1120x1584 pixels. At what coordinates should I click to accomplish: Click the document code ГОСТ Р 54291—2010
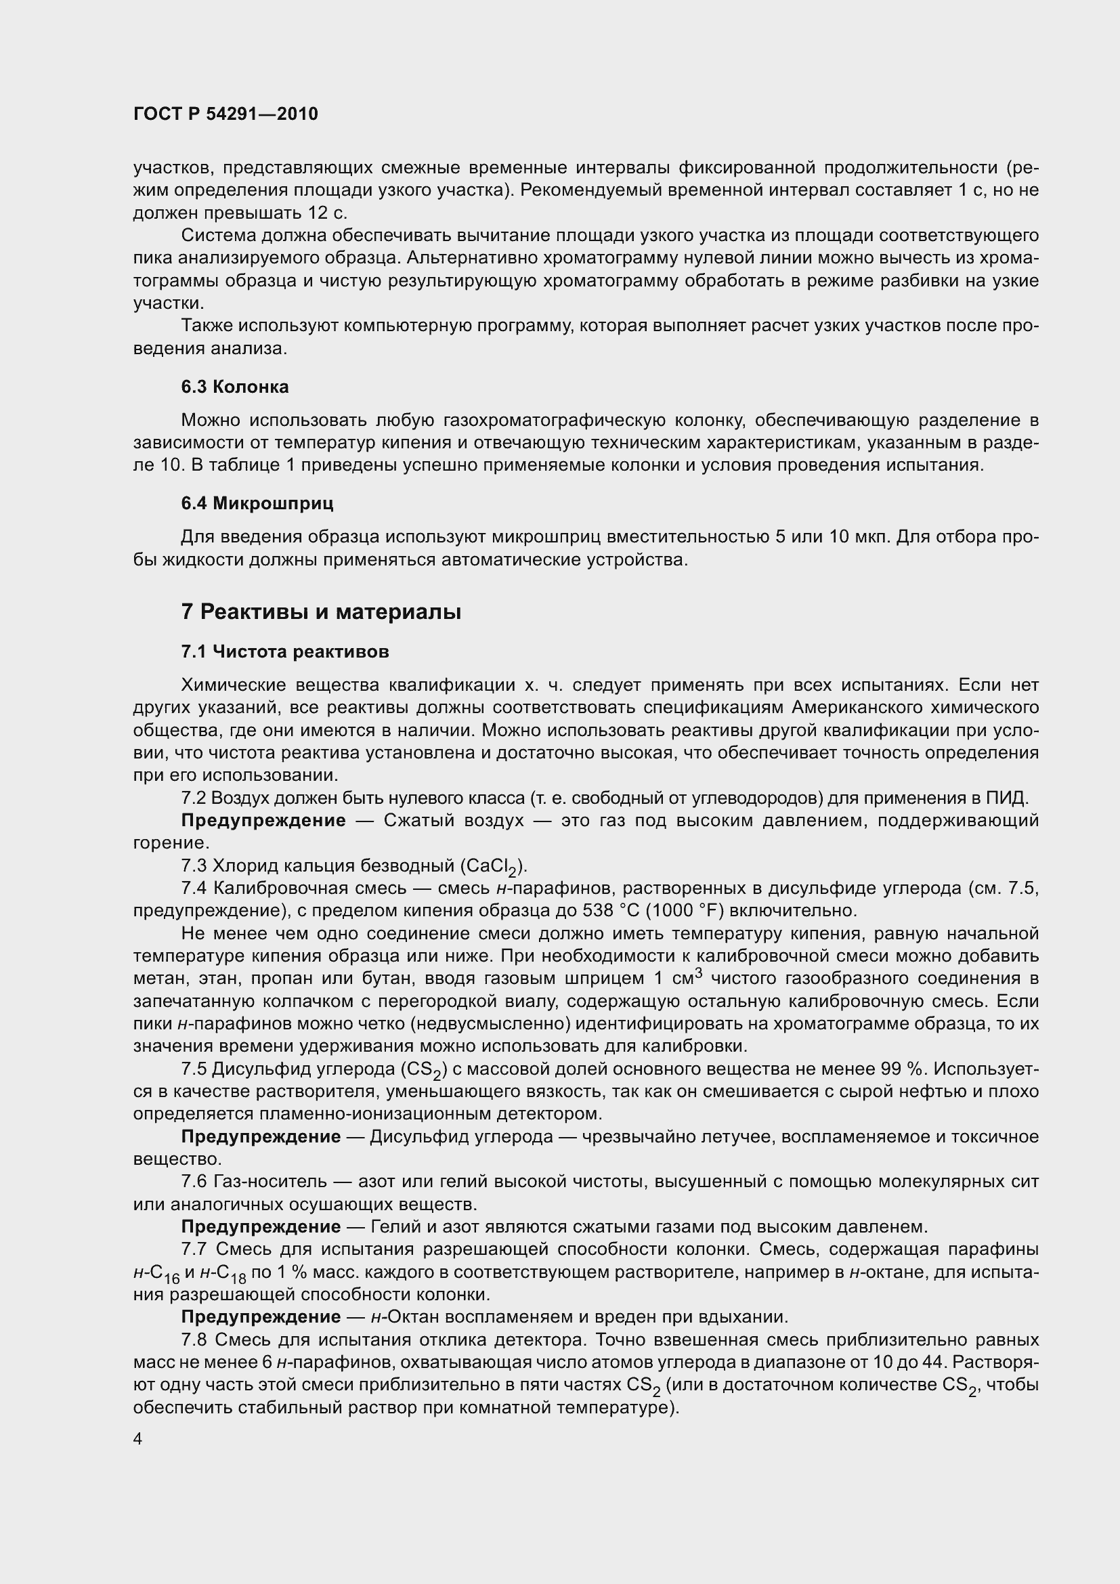coord(225,114)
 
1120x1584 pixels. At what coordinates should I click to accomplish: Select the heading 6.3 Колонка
coord(234,387)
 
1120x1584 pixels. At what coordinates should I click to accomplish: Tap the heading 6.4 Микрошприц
coord(257,504)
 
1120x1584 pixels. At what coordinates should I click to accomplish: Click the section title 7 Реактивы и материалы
coord(321,612)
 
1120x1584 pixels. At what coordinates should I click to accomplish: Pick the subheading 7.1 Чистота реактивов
coord(285,652)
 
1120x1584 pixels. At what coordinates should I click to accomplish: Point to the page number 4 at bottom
coord(138,1440)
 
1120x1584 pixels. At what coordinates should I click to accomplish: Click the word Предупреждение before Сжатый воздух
coord(263,820)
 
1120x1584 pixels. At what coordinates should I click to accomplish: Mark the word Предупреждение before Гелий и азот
coord(261,1226)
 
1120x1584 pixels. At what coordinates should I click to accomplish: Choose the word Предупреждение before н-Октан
coord(261,1317)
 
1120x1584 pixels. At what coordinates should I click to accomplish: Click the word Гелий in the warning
coord(391,1226)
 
